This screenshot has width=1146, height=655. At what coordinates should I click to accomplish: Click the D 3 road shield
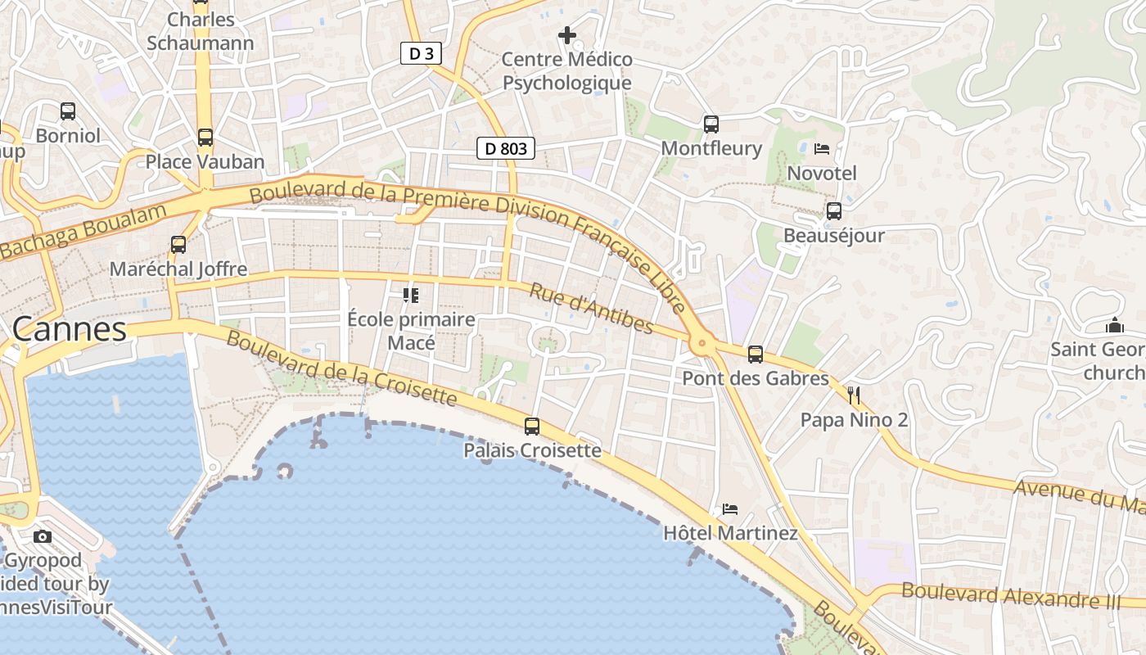[421, 54]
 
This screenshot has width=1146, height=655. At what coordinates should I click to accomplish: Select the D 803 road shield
[506, 148]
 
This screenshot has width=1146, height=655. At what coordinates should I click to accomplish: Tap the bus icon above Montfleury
[711, 124]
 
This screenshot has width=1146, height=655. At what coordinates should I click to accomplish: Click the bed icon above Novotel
[822, 149]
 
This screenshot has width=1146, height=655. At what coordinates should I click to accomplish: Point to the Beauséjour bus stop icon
[834, 211]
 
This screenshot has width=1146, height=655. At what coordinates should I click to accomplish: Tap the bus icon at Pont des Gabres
[756, 355]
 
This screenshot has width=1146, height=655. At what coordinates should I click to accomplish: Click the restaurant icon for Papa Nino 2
[854, 396]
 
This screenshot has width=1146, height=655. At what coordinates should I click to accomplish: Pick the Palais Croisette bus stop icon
[532, 426]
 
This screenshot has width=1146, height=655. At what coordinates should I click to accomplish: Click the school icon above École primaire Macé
[411, 295]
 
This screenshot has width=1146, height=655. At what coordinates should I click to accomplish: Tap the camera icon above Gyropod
[43, 537]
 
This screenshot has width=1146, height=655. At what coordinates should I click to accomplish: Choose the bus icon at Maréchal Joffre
[178, 244]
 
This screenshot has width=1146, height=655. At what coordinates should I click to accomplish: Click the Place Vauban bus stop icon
[205, 137]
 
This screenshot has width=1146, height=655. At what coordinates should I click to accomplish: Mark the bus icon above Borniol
[68, 111]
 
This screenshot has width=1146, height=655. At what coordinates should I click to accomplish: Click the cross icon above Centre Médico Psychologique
[566, 35]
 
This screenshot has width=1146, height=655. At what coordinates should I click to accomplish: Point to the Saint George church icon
[1114, 326]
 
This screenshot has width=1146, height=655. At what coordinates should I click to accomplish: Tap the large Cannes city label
[70, 329]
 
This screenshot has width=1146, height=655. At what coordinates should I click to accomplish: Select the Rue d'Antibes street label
[592, 309]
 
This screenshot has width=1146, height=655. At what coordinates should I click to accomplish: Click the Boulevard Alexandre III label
[1010, 595]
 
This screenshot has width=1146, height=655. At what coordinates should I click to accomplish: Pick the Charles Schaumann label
[201, 31]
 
